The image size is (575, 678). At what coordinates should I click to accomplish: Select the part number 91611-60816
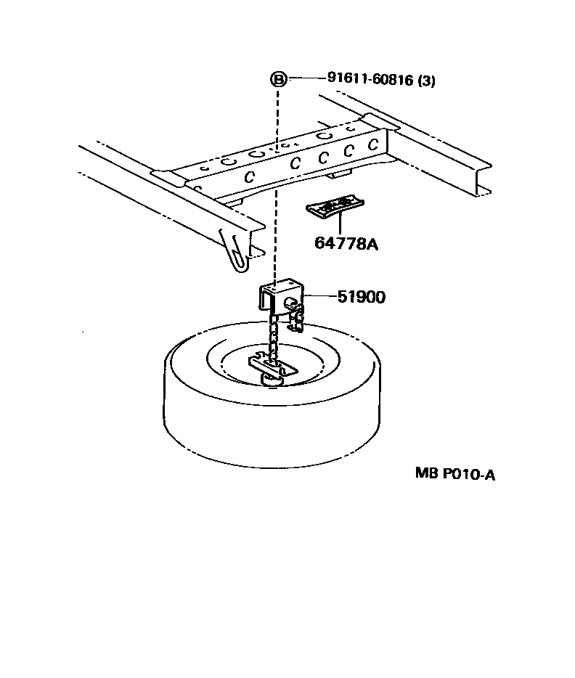pos(366,80)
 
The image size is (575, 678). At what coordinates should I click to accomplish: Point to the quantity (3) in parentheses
pos(427,81)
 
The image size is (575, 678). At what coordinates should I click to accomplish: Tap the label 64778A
pos(346,244)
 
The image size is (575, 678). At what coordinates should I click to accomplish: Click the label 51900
pos(361,297)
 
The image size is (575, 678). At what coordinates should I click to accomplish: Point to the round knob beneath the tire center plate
pos(270,377)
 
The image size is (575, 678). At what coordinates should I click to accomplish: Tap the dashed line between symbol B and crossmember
pos(277,116)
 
